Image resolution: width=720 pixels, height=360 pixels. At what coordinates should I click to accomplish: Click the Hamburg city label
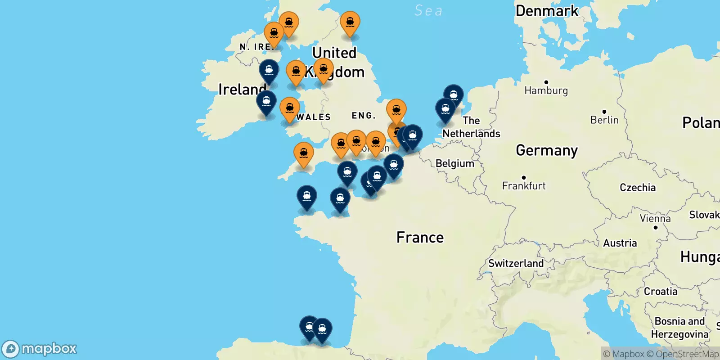546,90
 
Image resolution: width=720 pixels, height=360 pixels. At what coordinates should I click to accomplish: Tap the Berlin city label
604,120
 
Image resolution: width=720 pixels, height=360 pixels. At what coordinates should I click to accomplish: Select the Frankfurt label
524,186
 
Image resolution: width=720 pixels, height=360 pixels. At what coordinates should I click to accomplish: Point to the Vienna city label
655,219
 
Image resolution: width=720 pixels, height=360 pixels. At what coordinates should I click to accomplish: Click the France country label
420,238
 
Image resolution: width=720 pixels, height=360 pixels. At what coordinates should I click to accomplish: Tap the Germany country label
546,150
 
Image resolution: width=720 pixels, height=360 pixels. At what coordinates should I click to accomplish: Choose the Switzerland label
516,263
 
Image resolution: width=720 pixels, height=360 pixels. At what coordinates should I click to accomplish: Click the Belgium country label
454,163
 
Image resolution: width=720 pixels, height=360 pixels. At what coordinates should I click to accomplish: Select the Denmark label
547,11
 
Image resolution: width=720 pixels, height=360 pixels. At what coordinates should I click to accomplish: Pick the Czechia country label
637,188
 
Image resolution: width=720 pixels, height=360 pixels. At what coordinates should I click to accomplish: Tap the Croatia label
660,292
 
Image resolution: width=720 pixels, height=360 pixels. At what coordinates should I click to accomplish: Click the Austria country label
620,243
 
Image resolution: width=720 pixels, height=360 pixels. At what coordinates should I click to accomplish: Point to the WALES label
314,117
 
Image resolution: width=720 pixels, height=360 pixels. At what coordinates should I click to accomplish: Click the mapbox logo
39,349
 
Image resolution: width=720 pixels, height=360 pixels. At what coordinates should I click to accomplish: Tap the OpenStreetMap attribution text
687,354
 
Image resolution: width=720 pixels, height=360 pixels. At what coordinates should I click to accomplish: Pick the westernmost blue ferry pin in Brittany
307,196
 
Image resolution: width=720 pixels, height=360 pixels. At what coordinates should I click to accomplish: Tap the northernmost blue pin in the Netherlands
454,95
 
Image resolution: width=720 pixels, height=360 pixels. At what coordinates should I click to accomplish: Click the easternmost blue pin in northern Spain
322,328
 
